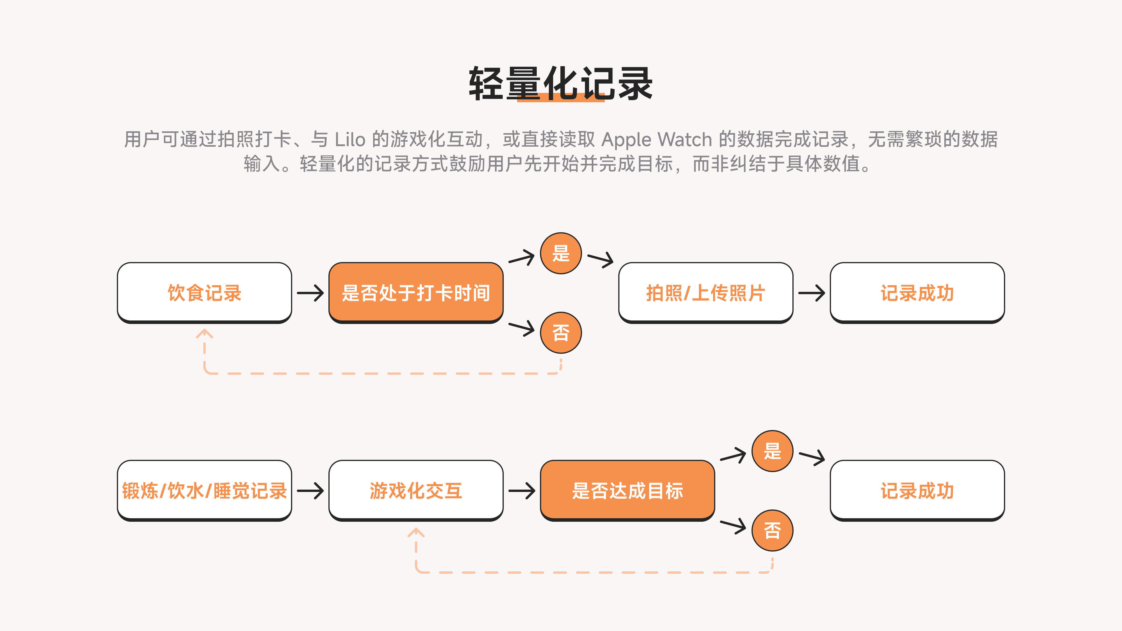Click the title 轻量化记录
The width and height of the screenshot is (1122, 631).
tap(561, 84)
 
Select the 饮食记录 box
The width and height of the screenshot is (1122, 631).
tap(204, 292)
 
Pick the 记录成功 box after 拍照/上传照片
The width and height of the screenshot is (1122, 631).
tap(917, 292)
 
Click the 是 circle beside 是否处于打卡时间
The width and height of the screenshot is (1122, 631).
tap(561, 253)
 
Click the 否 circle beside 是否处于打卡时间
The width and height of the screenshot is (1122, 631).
tap(561, 333)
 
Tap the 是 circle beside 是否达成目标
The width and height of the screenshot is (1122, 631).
tap(772, 451)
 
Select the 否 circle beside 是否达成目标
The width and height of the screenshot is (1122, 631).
tap(772, 531)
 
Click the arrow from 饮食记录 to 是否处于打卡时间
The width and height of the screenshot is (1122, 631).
tap(310, 293)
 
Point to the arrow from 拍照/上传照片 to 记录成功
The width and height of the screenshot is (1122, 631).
tap(811, 293)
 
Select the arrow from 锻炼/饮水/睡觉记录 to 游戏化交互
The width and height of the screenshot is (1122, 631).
tap(310, 491)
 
